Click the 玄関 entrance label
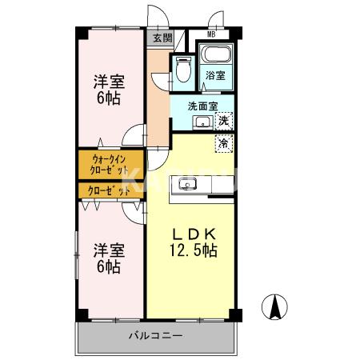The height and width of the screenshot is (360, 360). pyautogui.click(x=162, y=38)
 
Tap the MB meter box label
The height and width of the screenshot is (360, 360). pyautogui.click(x=211, y=34)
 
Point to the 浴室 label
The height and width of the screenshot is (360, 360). pyautogui.click(x=215, y=76)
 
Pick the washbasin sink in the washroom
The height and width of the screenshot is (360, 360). pyautogui.click(x=203, y=122)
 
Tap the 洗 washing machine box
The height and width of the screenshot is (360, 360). pyautogui.click(x=225, y=121)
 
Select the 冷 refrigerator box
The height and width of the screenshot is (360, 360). pyautogui.click(x=225, y=143)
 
